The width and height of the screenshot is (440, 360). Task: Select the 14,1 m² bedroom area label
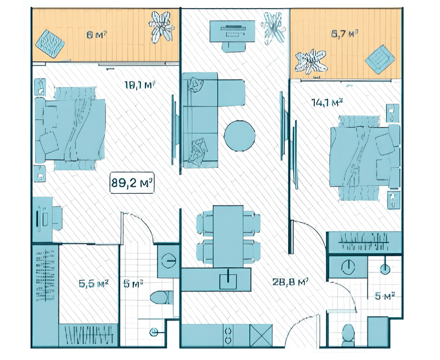click(327, 102)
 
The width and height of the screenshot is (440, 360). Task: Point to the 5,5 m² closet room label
click(93, 284)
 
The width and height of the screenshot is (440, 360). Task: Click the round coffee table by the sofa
click(240, 136)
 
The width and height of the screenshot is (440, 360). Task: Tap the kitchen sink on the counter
click(228, 280)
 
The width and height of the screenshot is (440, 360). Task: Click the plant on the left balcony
click(161, 26)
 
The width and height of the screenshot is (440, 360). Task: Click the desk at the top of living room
click(233, 29)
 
